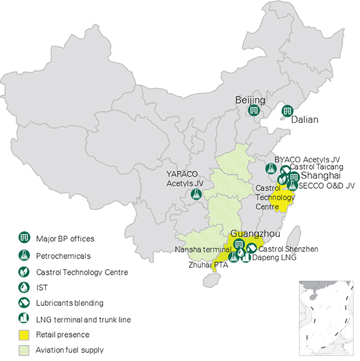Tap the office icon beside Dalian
click(x=287, y=110)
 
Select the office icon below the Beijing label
click(x=254, y=111)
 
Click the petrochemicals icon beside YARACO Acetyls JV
click(x=195, y=194)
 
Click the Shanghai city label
click(x=320, y=176)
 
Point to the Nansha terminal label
click(x=203, y=249)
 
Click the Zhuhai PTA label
click(x=206, y=264)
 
